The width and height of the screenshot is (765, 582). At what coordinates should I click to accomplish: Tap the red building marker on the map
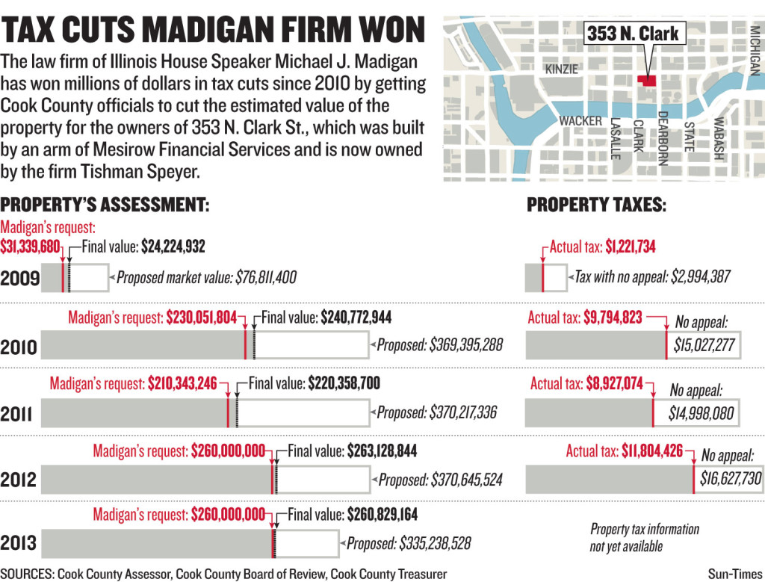pos(645,81)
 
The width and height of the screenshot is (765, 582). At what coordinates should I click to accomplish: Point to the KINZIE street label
pos(562,69)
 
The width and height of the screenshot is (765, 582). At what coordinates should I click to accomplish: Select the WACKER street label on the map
pos(580,120)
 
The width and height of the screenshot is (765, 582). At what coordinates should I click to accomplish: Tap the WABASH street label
pos(718,138)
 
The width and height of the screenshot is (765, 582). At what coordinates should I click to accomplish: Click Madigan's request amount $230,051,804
pos(201,317)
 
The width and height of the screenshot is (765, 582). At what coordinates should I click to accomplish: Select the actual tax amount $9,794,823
pos(613,317)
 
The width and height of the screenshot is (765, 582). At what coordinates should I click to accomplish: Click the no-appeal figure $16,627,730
pos(731,479)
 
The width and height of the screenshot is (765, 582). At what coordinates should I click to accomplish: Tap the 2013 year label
pos(20,542)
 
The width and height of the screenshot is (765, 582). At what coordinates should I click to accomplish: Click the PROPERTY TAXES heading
pos(596,205)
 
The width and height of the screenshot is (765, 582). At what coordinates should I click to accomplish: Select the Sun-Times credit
pos(735,573)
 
